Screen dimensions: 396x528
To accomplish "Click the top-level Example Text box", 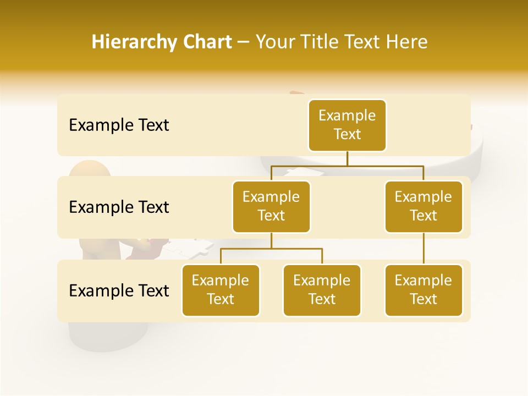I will pos(347,125).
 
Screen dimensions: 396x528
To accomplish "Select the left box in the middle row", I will pos(271,207).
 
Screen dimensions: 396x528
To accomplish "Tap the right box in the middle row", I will pos(424,207).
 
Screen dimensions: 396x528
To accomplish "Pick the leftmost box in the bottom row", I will pos(221,290).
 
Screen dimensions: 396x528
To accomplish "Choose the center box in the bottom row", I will pos(322,290).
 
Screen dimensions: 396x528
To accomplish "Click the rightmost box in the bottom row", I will pos(424,290).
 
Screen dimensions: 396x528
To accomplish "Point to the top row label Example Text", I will pos(119,125).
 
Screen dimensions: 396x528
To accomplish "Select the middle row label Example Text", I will pos(119,207).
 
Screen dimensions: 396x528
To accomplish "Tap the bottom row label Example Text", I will pos(119,290).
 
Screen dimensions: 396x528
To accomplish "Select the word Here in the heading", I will pos(406,42).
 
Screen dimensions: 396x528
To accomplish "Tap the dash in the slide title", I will pos(244,42).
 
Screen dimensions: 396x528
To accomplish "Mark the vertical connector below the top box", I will pos(347,158).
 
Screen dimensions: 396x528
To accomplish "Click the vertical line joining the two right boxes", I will pos(424,249).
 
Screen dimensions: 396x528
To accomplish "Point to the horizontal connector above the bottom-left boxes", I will pos(271,249).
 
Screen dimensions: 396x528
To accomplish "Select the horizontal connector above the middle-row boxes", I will pos(347,165).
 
